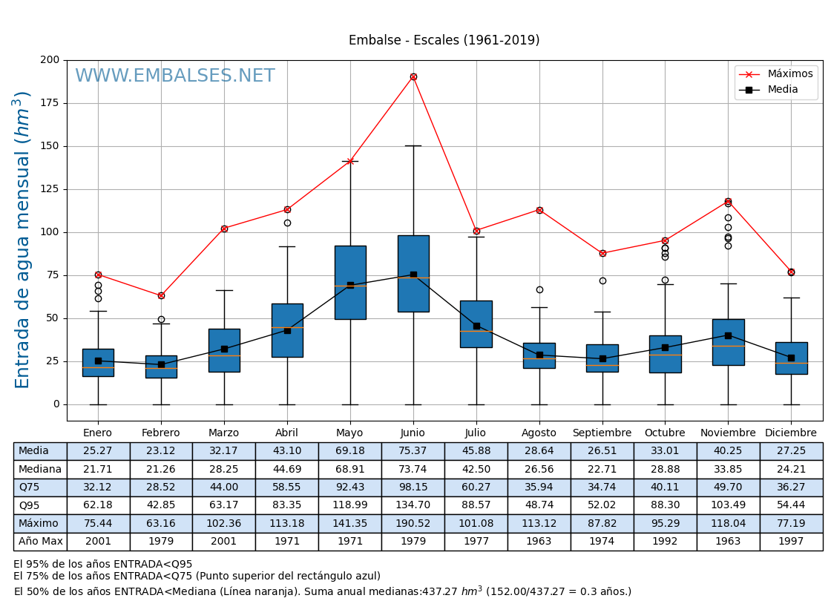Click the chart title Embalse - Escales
[x=444, y=41]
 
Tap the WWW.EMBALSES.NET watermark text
[x=175, y=76]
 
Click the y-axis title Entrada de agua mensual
[x=23, y=240]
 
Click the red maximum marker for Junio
[x=413, y=77]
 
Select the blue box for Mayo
[x=350, y=283]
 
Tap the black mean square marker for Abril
[x=287, y=330]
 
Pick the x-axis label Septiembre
[x=602, y=433]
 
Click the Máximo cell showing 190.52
[x=413, y=524]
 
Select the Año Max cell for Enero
[x=98, y=542]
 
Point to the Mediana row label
[x=40, y=470]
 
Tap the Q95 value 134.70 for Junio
[x=413, y=505]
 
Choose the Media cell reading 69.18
[x=349, y=451]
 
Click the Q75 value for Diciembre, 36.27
[x=791, y=487]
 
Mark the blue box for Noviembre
[x=728, y=342]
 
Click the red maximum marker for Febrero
[x=161, y=296]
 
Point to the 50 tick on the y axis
[x=54, y=318]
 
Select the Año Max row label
[x=40, y=542]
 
